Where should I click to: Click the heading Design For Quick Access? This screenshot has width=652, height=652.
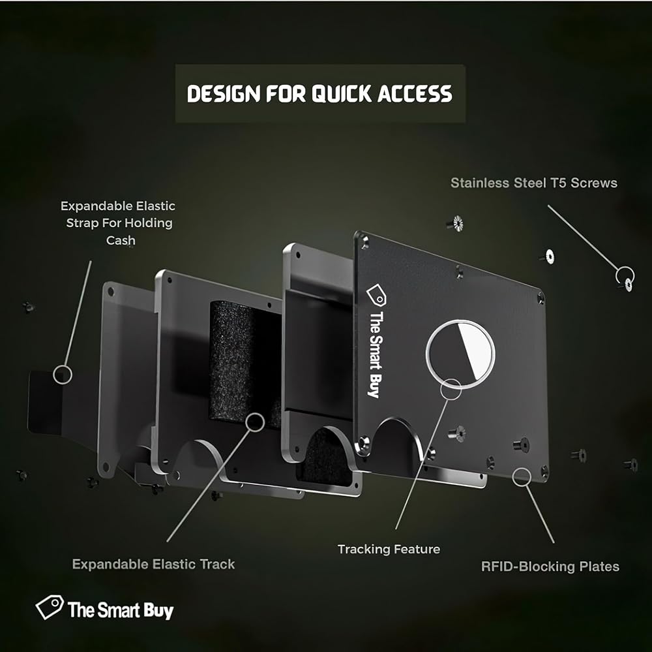click(319, 93)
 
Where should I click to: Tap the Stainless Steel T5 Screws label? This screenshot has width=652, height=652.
click(533, 183)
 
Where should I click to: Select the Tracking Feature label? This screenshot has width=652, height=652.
click(389, 549)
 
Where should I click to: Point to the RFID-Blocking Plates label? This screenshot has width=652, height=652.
click(550, 566)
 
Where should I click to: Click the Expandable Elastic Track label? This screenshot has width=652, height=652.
click(153, 564)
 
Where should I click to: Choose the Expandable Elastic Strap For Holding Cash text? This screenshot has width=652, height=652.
click(118, 223)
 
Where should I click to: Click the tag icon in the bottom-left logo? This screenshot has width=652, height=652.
click(49, 607)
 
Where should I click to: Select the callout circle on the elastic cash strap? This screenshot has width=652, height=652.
click(63, 374)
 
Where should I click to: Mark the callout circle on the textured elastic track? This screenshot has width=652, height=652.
click(255, 422)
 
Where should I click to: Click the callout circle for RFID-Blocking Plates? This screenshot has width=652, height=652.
click(521, 476)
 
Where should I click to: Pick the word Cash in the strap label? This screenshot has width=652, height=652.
click(121, 240)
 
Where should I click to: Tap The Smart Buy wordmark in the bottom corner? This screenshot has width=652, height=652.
click(121, 610)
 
